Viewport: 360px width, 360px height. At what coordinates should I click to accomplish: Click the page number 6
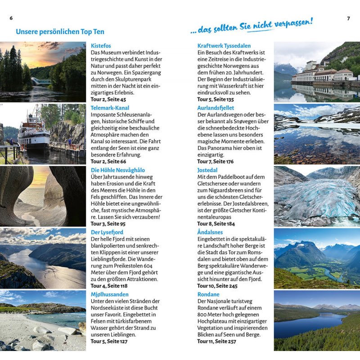pyautogui.click(x=11, y=18)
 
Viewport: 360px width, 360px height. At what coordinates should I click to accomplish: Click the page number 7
pyautogui.click(x=348, y=18)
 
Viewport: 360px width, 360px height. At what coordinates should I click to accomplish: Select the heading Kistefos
pyautogui.click(x=101, y=46)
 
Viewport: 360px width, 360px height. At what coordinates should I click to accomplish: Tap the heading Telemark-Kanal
pyautogui.click(x=110, y=108)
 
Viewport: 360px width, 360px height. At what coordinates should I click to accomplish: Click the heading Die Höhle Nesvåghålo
pyautogui.click(x=117, y=170)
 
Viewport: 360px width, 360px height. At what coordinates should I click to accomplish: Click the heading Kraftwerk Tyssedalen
pyautogui.click(x=224, y=46)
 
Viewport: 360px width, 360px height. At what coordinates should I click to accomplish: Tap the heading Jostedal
pyautogui.click(x=207, y=170)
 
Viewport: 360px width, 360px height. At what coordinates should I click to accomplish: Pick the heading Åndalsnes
pyautogui.click(x=210, y=232)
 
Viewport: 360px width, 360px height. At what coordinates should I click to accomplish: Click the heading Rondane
pyautogui.click(x=209, y=294)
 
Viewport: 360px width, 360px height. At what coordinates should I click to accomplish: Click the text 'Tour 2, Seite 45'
pyautogui.click(x=108, y=99)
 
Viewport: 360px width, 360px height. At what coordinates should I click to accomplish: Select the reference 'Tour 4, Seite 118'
pyautogui.click(x=109, y=285)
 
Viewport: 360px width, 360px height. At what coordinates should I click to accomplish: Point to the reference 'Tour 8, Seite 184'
pyautogui.click(x=216, y=223)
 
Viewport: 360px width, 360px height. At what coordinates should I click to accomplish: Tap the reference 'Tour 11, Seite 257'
pyautogui.click(x=216, y=342)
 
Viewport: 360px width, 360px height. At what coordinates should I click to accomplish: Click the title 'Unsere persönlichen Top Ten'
pyautogui.click(x=60, y=32)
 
